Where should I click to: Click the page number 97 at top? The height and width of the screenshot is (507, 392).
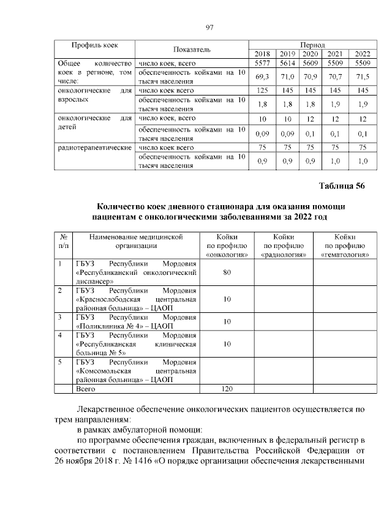click(x=208, y=27)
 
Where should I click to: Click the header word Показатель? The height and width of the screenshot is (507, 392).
click(x=192, y=49)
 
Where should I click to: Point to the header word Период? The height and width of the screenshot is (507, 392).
click(x=312, y=45)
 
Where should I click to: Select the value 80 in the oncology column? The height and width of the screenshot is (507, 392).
click(x=227, y=272)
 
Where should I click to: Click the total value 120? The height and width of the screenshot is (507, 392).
click(x=227, y=389)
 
